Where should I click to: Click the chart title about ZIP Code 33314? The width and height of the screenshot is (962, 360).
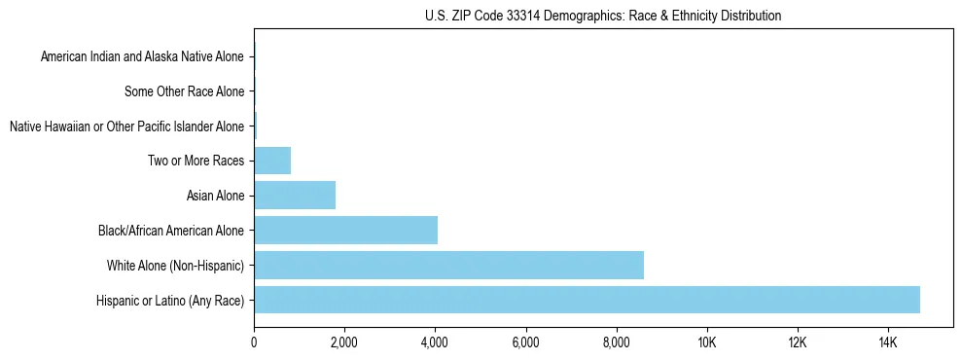point(603,16)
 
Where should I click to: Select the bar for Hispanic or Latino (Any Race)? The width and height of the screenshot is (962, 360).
point(587,300)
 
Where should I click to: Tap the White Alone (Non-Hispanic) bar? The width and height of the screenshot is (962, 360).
point(448,265)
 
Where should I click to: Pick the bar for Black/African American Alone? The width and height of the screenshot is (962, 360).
point(345,230)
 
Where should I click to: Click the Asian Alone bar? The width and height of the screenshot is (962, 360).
point(295,196)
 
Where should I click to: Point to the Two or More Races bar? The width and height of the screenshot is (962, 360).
point(272,161)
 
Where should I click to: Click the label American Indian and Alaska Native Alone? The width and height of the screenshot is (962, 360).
point(142,57)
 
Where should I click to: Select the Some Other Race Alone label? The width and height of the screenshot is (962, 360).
point(185,91)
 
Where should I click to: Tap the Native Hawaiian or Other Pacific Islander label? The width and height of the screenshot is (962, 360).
point(126,126)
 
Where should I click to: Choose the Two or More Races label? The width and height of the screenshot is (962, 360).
point(196,161)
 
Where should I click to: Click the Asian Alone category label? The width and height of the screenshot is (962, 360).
point(215,196)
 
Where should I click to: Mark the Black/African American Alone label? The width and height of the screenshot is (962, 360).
point(171,231)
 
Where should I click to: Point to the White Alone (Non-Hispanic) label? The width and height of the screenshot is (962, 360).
point(175,265)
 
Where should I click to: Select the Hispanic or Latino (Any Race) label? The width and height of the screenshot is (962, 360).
point(170,300)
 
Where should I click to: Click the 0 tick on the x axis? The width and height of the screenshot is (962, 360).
point(254,342)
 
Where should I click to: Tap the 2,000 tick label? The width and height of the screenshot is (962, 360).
point(344,342)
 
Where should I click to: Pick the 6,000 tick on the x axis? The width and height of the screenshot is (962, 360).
point(525,342)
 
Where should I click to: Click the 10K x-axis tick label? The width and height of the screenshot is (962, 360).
point(706,342)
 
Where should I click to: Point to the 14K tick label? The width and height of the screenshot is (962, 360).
point(887,342)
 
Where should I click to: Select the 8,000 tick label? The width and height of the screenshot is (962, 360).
point(616,342)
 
